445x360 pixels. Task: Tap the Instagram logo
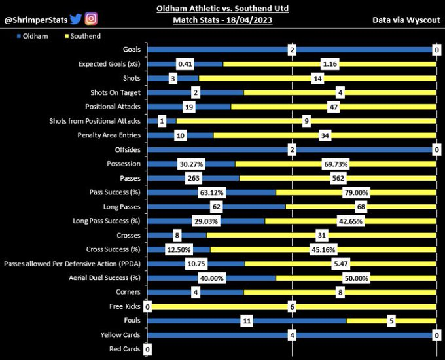[91, 19]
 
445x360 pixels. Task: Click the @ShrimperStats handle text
[35, 20]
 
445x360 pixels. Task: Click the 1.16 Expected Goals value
[330, 64]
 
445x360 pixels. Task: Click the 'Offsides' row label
[127, 149]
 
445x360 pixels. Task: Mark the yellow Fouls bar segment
[391, 321]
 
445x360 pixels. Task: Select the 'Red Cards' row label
[124, 349]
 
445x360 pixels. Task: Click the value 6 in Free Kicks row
[292, 306]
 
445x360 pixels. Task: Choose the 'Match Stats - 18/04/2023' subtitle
[222, 20]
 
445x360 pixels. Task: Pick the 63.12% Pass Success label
[211, 192]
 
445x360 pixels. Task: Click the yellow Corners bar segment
[340, 293]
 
